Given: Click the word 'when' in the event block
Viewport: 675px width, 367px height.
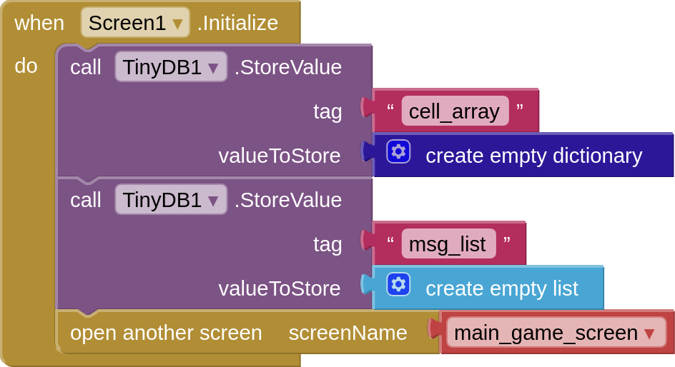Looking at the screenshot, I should [39, 23].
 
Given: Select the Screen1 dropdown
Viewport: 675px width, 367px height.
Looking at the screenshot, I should [135, 23].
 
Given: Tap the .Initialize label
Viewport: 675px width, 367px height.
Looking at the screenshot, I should [237, 23].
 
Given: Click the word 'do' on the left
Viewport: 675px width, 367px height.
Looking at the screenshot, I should [26, 66].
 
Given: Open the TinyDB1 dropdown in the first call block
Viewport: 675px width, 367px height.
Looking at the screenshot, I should [170, 67].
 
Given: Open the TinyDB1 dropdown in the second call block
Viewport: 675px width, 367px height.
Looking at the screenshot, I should [170, 200].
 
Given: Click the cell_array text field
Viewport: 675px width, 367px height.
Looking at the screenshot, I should [455, 111].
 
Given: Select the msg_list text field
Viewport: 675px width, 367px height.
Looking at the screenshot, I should [448, 244].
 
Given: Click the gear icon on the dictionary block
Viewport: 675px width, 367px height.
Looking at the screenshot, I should [398, 151].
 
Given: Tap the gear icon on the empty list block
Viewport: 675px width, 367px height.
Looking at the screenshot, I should [398, 284].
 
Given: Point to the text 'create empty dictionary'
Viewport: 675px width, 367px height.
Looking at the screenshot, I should [533, 156].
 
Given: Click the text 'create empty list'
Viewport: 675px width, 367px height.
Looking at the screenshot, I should [501, 288].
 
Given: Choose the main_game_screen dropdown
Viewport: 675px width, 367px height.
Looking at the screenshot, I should [555, 333].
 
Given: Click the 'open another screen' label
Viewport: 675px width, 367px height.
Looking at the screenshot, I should [166, 333].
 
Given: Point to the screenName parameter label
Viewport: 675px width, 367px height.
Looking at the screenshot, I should [348, 333].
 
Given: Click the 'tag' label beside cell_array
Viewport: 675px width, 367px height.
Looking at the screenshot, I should [327, 111].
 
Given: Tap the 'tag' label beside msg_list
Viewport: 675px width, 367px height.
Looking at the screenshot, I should [327, 244].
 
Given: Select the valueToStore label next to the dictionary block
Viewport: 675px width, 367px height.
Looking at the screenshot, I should [280, 156].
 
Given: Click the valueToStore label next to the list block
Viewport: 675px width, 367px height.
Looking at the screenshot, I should [280, 288].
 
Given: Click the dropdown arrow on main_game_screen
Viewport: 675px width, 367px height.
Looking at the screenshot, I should [649, 333].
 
